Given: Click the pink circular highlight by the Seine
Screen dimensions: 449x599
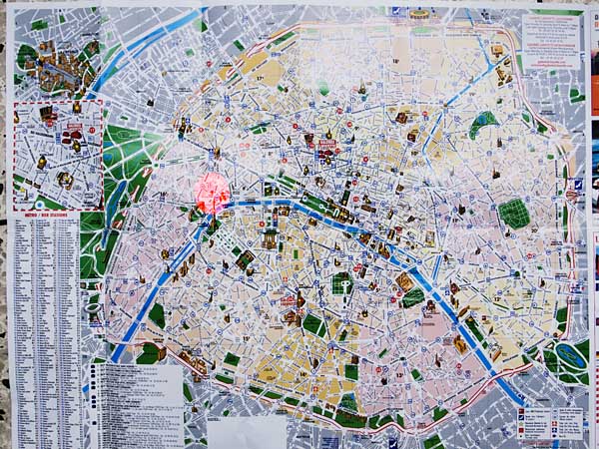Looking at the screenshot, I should point(212,193).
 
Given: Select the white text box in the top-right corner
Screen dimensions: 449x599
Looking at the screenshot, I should point(551,40).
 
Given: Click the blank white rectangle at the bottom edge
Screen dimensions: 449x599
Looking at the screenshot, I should point(246,431).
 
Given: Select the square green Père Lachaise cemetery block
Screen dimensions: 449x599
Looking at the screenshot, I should point(514,213).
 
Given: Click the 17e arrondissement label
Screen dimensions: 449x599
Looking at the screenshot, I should point(258,77).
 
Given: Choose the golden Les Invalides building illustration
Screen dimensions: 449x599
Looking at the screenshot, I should point(270,237).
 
